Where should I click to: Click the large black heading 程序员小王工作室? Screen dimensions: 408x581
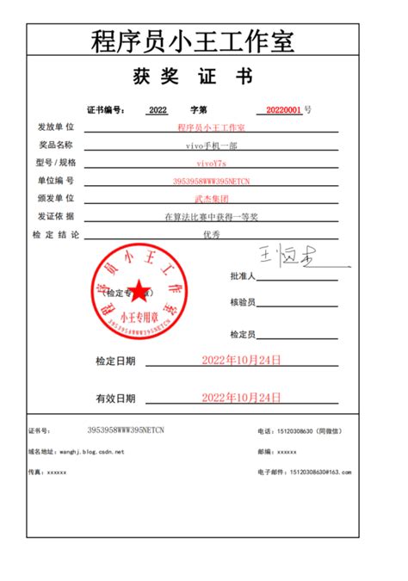coord(192,40)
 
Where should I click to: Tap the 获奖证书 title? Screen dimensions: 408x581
coord(192,77)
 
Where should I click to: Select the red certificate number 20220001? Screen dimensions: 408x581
coord(283,110)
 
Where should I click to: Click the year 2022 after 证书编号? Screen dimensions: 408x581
coord(158,110)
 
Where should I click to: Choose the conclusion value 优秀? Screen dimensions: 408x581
coord(211,234)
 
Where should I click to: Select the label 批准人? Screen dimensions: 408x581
coord(243,277)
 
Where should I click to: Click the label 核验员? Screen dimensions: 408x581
coord(243,303)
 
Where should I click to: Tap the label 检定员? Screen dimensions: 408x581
coord(243,334)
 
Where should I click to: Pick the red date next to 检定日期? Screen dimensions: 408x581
coord(241,361)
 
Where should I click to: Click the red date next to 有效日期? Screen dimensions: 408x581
coord(241,397)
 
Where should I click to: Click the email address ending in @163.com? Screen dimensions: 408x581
coord(327,472)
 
